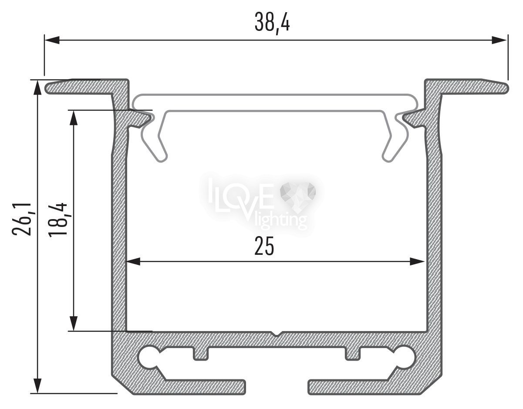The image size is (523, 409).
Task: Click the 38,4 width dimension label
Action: pyautogui.click(x=272, y=24)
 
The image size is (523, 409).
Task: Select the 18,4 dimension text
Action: pyautogui.click(x=57, y=220)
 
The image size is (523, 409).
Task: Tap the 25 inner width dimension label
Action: pyautogui.click(x=264, y=246)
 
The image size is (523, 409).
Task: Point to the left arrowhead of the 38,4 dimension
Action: pyautogui.click(x=52, y=40)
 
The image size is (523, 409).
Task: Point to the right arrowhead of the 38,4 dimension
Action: pyautogui.click(x=499, y=40)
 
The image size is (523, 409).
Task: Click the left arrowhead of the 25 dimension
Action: pyautogui.click(x=133, y=261)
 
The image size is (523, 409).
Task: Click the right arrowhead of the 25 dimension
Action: pyautogui.click(x=417, y=261)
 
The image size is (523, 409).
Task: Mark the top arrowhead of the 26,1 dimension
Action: pyautogui.click(x=37, y=88)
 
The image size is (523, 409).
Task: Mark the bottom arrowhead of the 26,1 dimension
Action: pyautogui.click(x=37, y=385)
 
